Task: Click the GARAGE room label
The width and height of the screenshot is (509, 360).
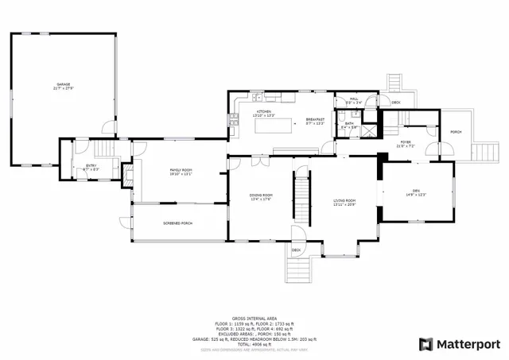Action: (x=64, y=85)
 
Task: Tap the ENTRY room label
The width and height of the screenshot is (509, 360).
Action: (x=90, y=166)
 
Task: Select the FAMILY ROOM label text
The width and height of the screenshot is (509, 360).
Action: (x=181, y=172)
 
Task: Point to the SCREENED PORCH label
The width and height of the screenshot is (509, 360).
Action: (x=178, y=223)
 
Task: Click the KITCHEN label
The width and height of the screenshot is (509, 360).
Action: (x=262, y=113)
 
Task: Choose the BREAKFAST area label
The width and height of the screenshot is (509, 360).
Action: (x=316, y=121)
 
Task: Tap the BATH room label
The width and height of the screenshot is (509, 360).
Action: (x=349, y=125)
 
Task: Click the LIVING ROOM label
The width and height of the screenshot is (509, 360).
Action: (x=344, y=202)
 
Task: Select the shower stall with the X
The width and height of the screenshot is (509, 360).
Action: (x=367, y=129)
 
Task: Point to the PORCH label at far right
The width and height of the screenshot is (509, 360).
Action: (x=456, y=132)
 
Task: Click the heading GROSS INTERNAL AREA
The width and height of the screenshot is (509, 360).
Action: (x=254, y=316)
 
